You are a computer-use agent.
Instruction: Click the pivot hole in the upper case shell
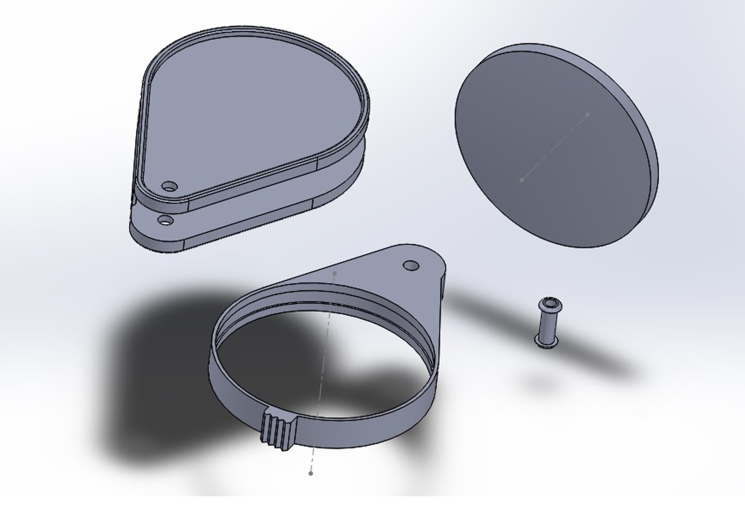[x=169, y=186]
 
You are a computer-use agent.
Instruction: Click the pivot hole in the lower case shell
[x=166, y=221]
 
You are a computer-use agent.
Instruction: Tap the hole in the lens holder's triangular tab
[x=411, y=265]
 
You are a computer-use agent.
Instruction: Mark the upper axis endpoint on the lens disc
[x=587, y=114]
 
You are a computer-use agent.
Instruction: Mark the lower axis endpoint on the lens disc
[x=522, y=180]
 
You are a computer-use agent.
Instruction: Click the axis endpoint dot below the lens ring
[x=311, y=472]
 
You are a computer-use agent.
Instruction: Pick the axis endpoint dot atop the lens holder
[x=335, y=274]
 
